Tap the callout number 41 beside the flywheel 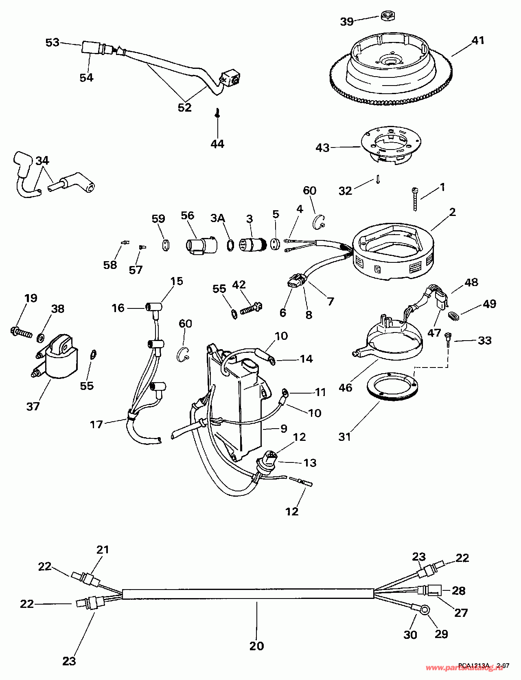[478, 40]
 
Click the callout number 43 [322, 147]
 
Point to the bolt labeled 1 [415, 198]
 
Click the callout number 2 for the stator [452, 212]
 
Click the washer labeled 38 [41, 337]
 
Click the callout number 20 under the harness [256, 646]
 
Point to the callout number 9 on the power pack [283, 428]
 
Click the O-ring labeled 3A [230, 245]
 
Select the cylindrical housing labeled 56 [201, 246]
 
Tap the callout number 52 [184, 107]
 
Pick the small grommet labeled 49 [453, 315]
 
